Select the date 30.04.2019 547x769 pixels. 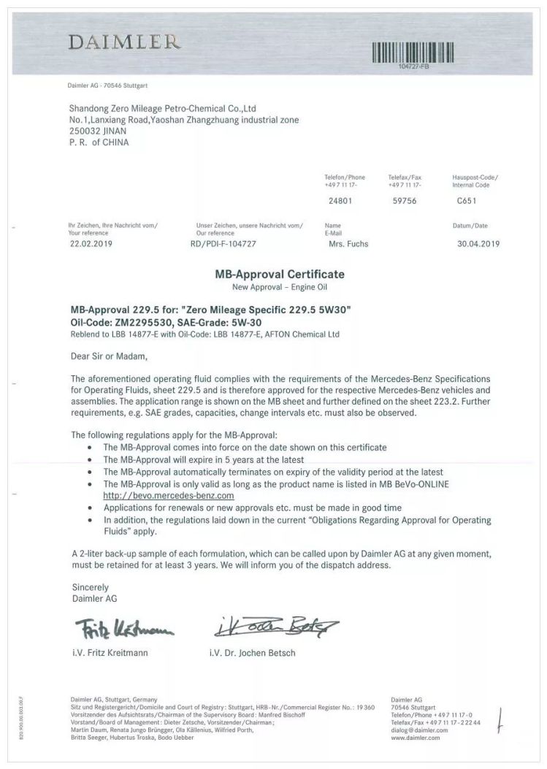pyautogui.click(x=478, y=244)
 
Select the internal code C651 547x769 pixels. pyautogui.click(x=467, y=200)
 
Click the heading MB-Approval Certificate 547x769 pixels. pyautogui.click(x=279, y=275)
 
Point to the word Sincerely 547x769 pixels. pyautogui.click(x=90, y=586)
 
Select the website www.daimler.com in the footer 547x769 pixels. pyautogui.click(x=416, y=738)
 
